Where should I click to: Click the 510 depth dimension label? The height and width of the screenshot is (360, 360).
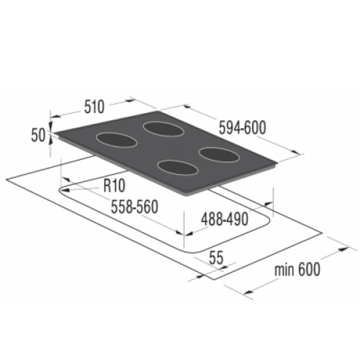click(x=94, y=107)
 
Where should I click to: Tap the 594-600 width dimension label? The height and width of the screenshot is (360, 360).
click(x=243, y=127)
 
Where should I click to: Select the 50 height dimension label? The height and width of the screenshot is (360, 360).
click(x=38, y=135)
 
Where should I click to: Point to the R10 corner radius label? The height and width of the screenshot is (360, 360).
click(x=114, y=186)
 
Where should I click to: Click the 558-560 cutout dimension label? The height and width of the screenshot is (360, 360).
click(x=135, y=207)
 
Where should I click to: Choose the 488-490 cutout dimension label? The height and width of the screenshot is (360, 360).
click(x=225, y=219)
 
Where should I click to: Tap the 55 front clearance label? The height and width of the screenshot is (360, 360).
click(x=216, y=258)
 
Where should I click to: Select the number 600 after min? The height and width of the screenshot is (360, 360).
click(x=309, y=269)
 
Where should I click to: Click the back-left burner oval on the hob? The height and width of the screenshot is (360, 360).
click(x=117, y=140)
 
